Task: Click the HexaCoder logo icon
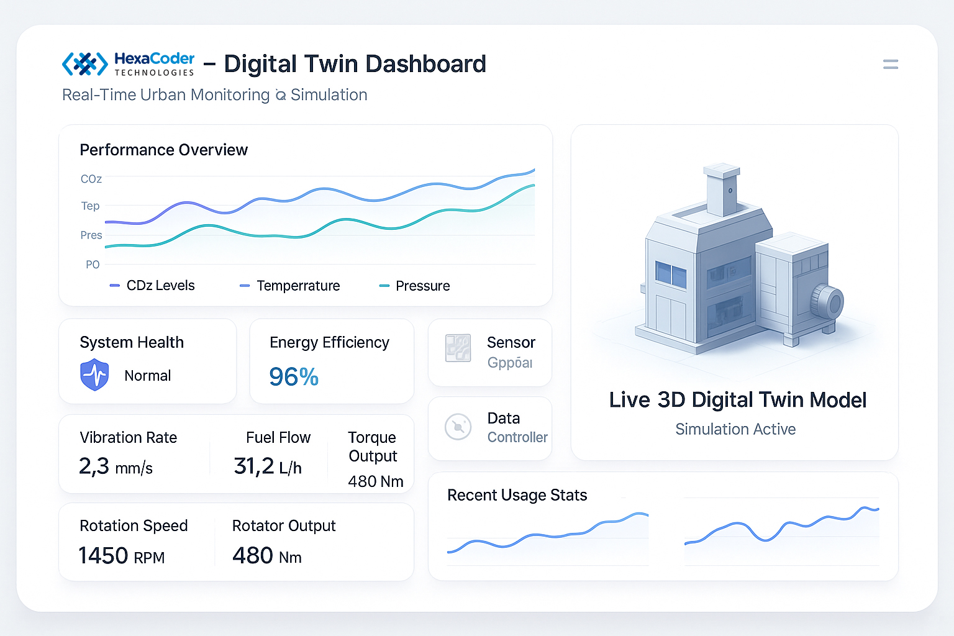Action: point(85,64)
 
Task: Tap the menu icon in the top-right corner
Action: point(890,65)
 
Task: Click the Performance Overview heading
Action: point(163,150)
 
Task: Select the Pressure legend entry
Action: point(415,286)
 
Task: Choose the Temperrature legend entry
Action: point(290,286)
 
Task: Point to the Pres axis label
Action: point(91,235)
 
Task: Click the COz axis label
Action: point(91,179)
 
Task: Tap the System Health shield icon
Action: point(94,375)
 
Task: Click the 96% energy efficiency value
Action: point(294,377)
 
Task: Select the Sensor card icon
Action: point(458,348)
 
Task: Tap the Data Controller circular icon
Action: point(458,427)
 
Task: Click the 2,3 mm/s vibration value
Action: point(116,466)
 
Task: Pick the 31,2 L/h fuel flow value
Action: point(268,466)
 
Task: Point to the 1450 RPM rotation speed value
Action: point(122,556)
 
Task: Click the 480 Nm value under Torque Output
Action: point(375,481)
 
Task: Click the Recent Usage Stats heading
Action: point(517,495)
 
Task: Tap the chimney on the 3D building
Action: point(722,189)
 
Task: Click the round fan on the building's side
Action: point(828,302)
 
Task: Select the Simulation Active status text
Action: point(735,429)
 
